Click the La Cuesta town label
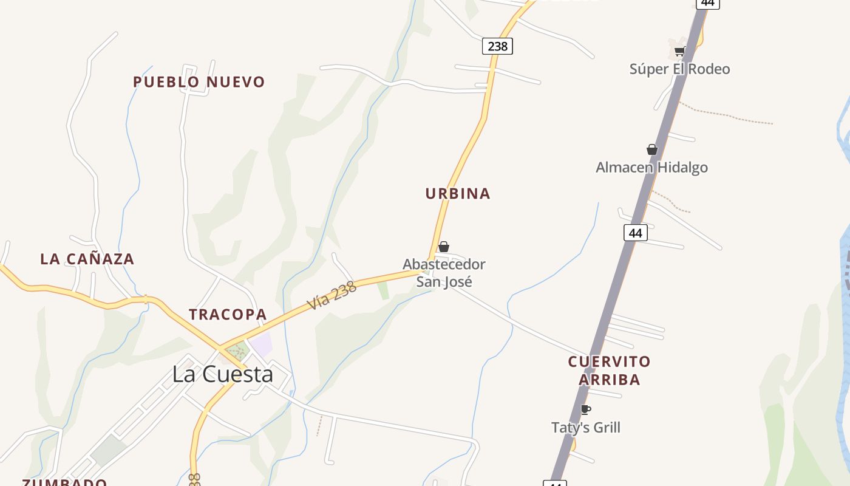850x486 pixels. coord(222,374)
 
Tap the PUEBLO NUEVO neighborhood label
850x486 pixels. coord(199,82)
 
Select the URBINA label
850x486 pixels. coord(458,194)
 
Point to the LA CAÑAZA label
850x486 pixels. coord(87,259)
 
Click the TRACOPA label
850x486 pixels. coord(228,315)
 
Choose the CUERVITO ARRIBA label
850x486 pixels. coord(609,371)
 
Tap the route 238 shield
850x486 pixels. coord(497,46)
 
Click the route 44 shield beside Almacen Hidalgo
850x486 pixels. coord(635,233)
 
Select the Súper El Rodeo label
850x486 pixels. coord(679,69)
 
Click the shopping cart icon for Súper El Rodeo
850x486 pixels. coord(679,52)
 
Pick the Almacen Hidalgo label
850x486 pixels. coord(651,168)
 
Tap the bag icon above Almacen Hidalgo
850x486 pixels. coord(652,149)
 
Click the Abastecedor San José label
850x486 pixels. coord(444,273)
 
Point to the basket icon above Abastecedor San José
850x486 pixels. coord(444,247)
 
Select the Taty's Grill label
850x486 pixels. coord(585,428)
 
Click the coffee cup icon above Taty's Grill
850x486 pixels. coord(585,409)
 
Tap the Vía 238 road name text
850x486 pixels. coord(331,296)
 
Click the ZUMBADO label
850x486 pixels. coord(64,482)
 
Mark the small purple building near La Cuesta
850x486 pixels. coord(261,344)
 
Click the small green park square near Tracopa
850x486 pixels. coord(238,351)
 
